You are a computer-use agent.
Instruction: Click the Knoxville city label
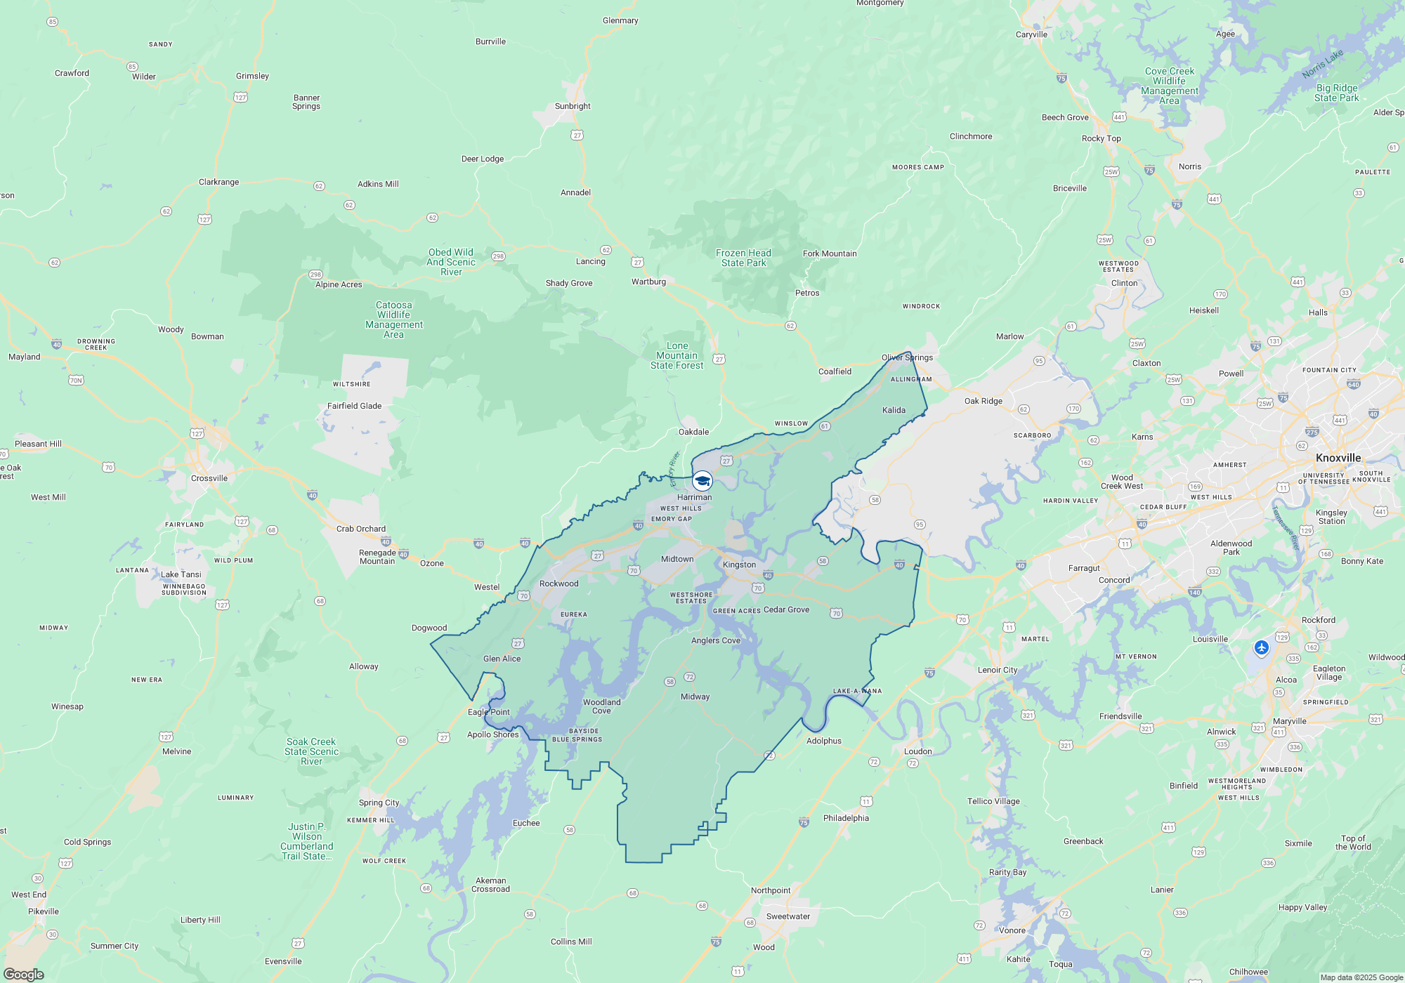tap(1338, 458)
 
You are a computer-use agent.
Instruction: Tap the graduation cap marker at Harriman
tap(702, 481)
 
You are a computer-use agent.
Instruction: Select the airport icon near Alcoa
tap(1261, 647)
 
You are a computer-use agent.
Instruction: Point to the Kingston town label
tap(739, 565)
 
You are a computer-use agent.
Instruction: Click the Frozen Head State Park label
tap(743, 258)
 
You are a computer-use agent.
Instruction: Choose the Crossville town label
tap(209, 478)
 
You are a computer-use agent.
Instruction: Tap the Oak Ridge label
tap(983, 401)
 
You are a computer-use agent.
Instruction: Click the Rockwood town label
tap(558, 583)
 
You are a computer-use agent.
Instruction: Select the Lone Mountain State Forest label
tap(677, 355)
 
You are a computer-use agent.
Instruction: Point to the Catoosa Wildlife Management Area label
tap(393, 319)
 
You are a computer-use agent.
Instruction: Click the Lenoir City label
tap(997, 670)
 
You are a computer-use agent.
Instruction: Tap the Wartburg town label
tap(648, 282)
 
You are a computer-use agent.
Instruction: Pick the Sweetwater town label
tap(788, 916)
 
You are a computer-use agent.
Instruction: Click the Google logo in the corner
tap(24, 974)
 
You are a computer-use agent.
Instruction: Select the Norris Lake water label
tap(1322, 64)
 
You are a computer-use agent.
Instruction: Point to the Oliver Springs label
tap(907, 357)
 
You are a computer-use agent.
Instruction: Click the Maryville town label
tap(1289, 721)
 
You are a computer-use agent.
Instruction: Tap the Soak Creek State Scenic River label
tap(311, 751)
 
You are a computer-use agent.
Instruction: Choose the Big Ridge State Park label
tap(1336, 93)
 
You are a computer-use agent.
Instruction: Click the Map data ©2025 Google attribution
tap(1361, 977)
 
